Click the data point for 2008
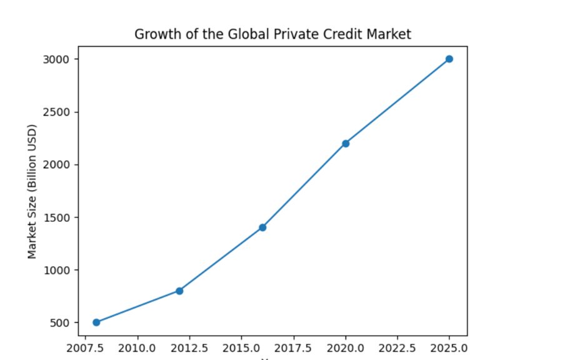point(96,322)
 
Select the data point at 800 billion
point(179,291)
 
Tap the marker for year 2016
point(262,227)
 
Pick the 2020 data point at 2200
point(346,143)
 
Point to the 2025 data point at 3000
point(449,59)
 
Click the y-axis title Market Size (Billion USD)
point(32,191)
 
